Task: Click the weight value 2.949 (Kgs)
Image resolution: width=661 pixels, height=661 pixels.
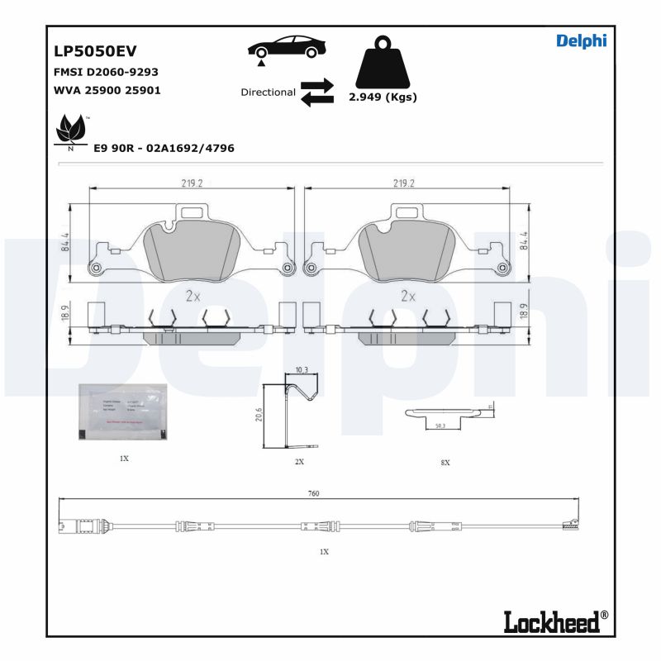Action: click(383, 97)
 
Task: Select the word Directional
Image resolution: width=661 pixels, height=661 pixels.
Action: click(268, 93)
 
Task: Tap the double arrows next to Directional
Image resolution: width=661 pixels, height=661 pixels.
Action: click(316, 93)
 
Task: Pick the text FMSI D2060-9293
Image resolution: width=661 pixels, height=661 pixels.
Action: click(106, 72)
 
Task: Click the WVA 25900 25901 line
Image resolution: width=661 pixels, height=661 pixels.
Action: click(107, 90)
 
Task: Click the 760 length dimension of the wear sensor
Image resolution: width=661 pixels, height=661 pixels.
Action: click(313, 493)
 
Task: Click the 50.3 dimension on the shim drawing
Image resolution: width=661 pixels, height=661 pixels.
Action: click(440, 425)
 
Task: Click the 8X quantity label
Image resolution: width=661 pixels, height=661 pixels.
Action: click(445, 463)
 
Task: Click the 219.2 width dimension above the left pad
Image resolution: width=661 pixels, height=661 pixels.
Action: click(192, 183)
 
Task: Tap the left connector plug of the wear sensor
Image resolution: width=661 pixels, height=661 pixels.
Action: click(68, 524)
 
